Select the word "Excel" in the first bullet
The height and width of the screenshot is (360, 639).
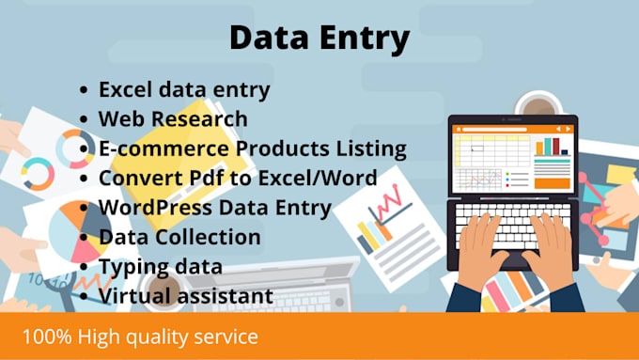click(x=127, y=90)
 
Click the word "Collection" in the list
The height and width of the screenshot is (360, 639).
click(x=208, y=237)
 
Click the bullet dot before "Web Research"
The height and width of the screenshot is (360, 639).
click(x=86, y=120)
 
